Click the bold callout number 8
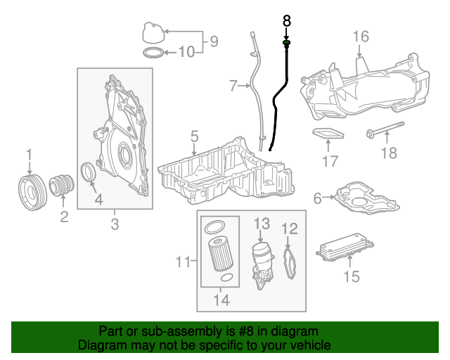tap(287, 21)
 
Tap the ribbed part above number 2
tap(63, 188)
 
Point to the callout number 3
tap(115, 224)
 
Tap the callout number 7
tap(234, 86)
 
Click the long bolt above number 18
tap(385, 132)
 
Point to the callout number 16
tap(360, 37)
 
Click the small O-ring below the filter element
tap(225, 278)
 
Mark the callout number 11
tap(183, 262)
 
